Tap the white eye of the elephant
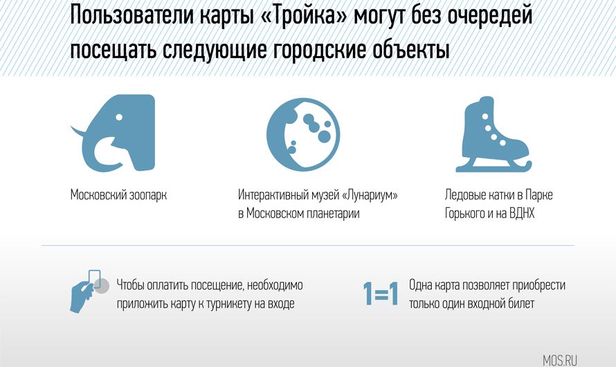tap(119, 117)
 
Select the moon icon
tap(303, 134)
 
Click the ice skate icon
tap(493, 134)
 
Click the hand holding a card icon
tap(89, 291)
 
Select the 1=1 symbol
tap(380, 294)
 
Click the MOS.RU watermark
tap(560, 360)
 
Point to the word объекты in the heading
tap(410, 49)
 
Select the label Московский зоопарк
tap(118, 195)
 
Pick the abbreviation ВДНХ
tap(522, 213)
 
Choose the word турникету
tap(229, 304)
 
